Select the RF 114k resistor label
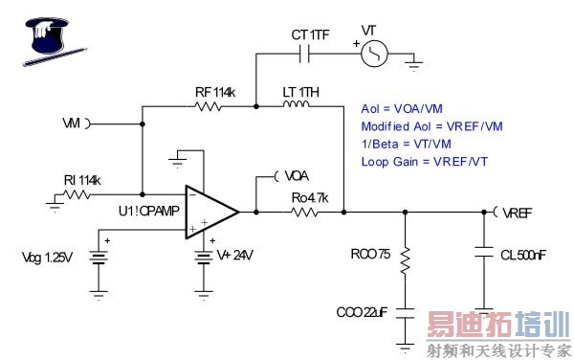[216, 91]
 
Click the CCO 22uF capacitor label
[361, 311]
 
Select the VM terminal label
[71, 124]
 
